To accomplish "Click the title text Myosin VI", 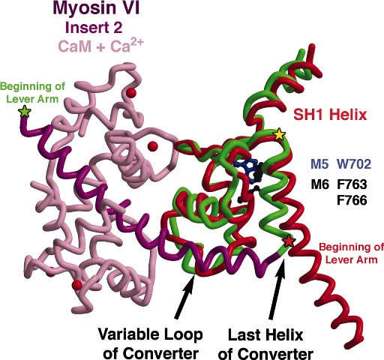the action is tap(96, 8).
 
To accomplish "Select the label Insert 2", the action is tap(94, 28).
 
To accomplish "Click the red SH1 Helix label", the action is tap(330, 115).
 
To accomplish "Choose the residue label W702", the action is tap(354, 164).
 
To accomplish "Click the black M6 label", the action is tap(319, 184).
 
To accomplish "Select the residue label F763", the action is tap(352, 184).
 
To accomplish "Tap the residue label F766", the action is tap(352, 200).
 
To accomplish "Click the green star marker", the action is tap(25, 112).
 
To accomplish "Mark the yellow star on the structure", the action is tap(280, 134).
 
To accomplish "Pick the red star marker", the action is tap(289, 241).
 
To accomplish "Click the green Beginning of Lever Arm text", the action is tap(32, 92).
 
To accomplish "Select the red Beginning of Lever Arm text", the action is tap(351, 253).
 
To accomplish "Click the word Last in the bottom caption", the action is tap(241, 334).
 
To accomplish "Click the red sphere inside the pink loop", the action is tap(152, 146).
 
